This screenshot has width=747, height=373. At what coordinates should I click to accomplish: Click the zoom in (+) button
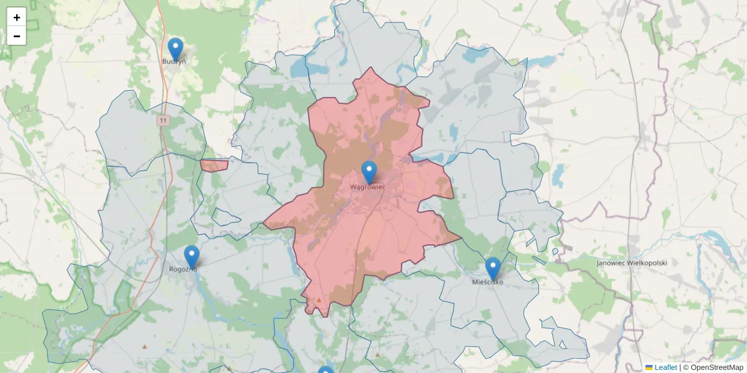17,17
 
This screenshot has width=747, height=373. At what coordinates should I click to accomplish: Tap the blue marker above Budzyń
176,49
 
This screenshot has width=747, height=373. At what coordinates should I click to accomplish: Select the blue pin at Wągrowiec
369,172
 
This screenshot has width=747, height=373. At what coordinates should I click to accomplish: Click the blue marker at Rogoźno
192,256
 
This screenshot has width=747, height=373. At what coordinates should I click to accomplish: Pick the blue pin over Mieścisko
493,269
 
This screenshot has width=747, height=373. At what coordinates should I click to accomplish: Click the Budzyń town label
174,62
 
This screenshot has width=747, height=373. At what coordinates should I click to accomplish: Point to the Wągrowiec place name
367,186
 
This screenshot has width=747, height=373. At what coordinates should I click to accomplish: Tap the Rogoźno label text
183,269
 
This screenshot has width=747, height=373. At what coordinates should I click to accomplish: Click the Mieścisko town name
487,282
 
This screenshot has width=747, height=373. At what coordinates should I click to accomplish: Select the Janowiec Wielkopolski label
631,263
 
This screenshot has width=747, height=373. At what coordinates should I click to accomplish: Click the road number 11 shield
163,120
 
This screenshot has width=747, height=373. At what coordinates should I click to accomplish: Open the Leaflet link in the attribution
665,367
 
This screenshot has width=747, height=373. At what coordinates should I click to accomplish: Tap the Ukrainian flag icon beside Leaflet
649,367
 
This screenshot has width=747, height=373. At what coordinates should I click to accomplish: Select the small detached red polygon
214,165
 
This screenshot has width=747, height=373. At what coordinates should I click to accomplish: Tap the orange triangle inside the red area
319,300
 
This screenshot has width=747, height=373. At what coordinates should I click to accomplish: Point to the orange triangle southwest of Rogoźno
145,346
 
